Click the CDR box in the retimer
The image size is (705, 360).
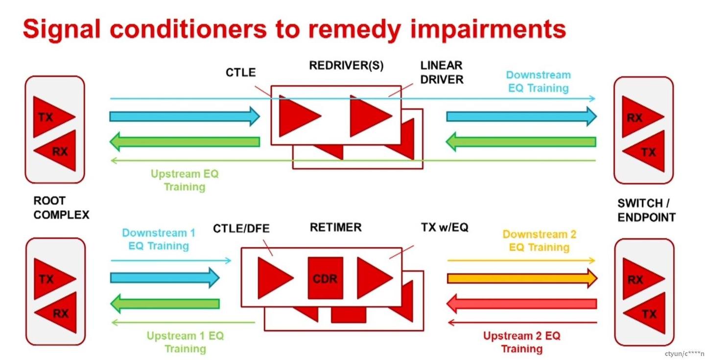(x=326, y=278)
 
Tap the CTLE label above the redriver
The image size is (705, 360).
(x=241, y=72)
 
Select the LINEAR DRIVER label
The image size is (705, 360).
(x=441, y=72)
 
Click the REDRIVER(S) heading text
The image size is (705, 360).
(x=347, y=66)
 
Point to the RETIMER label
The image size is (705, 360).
(x=336, y=227)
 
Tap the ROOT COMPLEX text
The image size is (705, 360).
(x=61, y=208)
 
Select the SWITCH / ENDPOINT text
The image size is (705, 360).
(x=646, y=210)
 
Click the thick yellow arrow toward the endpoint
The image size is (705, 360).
(x=521, y=279)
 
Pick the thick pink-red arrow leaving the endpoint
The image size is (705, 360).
(x=521, y=304)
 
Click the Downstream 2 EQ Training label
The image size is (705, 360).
(x=539, y=240)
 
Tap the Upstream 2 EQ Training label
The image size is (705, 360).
(x=521, y=342)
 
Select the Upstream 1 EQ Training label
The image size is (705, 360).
(x=185, y=342)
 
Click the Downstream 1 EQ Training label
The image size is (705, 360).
(x=159, y=239)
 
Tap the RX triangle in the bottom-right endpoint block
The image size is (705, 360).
(x=638, y=279)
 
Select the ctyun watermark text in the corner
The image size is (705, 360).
(x=683, y=353)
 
